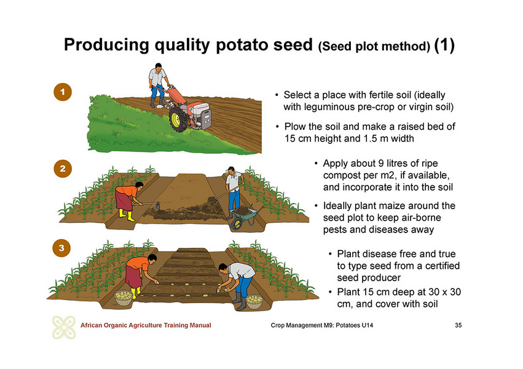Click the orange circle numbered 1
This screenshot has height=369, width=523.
tap(63, 92)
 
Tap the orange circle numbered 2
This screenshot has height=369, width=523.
tap(63, 169)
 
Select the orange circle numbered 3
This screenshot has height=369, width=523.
tap(61, 248)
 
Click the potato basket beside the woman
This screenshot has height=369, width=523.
tap(124, 298)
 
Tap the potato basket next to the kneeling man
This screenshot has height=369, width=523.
tap(254, 301)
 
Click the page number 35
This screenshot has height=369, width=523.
tap(458, 325)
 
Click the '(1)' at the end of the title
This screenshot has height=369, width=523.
tap(444, 45)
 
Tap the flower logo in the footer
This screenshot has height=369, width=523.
tap(64, 327)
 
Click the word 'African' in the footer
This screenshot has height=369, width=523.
tap(92, 325)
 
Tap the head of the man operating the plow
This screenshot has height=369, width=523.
tap(158, 66)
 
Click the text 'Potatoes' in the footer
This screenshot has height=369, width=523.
tap(348, 325)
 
